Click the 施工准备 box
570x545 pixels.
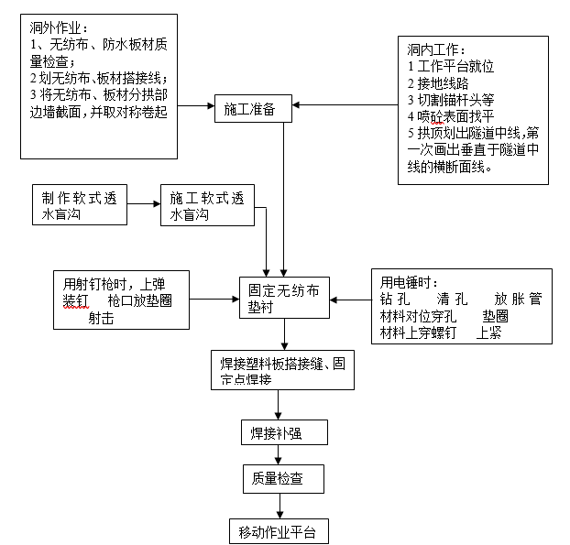coord(253,109)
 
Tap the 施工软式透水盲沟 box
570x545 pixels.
coord(207,206)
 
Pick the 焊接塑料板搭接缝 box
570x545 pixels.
coord(280,368)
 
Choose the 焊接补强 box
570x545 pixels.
coord(277,432)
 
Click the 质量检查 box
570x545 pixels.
coord(277,478)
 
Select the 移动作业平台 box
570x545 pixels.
coord(277,531)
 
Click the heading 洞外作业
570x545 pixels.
coord(60,31)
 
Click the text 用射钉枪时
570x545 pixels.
coord(99,283)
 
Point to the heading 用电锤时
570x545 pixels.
coord(409,282)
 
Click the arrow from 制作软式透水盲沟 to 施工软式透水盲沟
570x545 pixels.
coord(145,206)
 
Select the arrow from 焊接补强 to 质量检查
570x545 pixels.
coord(277,455)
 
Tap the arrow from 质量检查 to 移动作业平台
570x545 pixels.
coord(277,505)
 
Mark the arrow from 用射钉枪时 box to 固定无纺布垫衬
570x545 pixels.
coord(213,299)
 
